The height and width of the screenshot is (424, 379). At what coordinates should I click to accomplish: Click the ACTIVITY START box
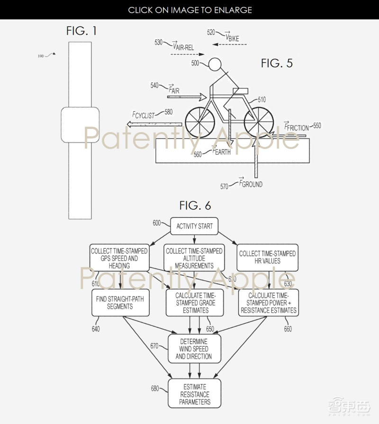(x=194, y=226)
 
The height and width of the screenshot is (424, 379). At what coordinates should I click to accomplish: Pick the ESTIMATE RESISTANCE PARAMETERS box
(x=194, y=395)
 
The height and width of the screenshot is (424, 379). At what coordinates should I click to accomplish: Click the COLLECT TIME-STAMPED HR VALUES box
(x=267, y=257)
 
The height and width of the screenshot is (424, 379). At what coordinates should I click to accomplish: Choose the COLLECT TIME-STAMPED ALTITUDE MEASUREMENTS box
(x=194, y=258)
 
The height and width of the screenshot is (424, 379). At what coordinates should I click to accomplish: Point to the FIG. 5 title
(x=277, y=63)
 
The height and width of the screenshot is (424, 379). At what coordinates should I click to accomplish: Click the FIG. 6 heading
(x=195, y=206)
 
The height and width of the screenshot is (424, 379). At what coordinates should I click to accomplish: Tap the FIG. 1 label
(x=81, y=32)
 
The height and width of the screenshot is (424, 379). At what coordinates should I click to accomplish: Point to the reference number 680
(x=155, y=388)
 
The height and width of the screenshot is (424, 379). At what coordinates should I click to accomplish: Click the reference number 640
(x=95, y=329)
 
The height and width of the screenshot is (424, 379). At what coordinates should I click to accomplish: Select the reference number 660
(x=288, y=329)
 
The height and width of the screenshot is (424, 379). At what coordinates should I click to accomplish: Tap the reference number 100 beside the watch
(x=40, y=56)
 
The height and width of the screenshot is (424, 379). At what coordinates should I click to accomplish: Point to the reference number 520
(x=211, y=33)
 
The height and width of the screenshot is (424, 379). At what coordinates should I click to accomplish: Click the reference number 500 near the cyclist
(x=195, y=63)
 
